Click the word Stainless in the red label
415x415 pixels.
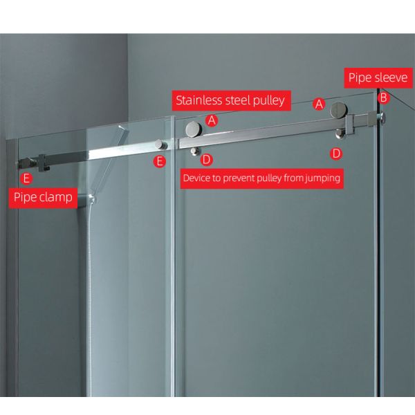pyautogui.click(x=199, y=100)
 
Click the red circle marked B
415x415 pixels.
pyautogui.click(x=383, y=98)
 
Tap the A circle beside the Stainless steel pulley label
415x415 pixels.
pyautogui.click(x=212, y=120)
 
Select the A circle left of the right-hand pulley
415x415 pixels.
pyautogui.click(x=319, y=104)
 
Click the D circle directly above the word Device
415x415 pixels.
pyautogui.click(x=206, y=160)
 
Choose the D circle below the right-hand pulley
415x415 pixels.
pyautogui.click(x=336, y=154)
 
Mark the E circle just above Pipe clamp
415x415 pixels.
pyautogui.click(x=26, y=178)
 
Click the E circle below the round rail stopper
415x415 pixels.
pyautogui.click(x=160, y=161)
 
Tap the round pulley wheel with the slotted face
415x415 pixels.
pyautogui.click(x=338, y=110)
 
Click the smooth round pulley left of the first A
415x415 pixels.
pyautogui.click(x=194, y=129)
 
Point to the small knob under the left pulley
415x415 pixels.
pyautogui.click(x=195, y=151)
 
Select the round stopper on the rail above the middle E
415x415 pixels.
pyautogui.click(x=160, y=145)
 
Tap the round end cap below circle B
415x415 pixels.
pyautogui.click(x=382, y=118)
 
